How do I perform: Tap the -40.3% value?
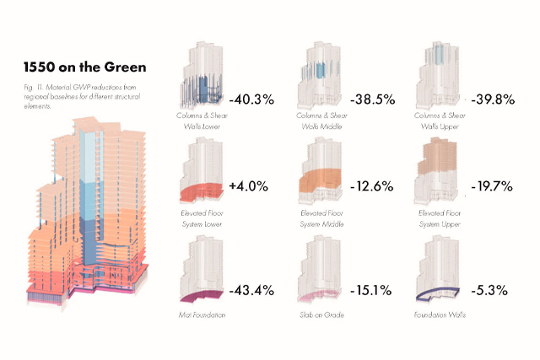pos(251,99)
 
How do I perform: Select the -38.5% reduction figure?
pos(372,99)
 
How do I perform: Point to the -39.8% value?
pos(493,99)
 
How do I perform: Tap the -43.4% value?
pos(251,291)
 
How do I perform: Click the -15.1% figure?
pos(371,291)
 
